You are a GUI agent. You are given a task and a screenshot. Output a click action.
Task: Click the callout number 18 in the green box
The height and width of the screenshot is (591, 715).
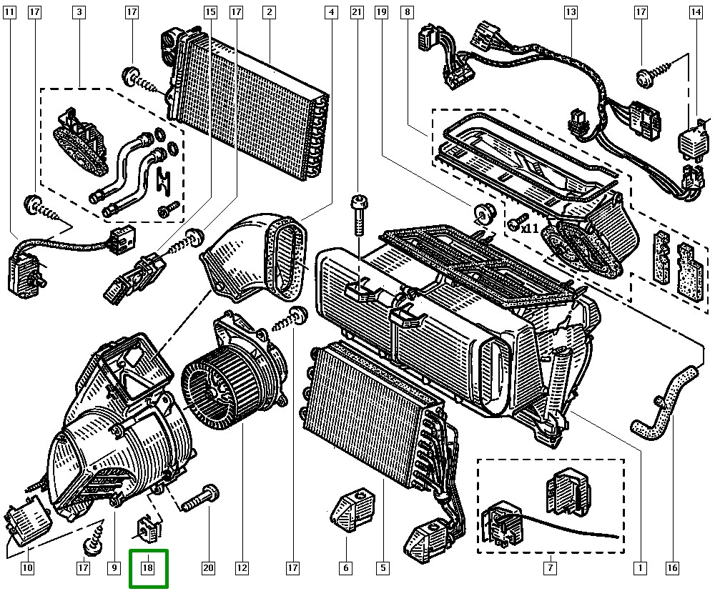pyautogui.click(x=148, y=568)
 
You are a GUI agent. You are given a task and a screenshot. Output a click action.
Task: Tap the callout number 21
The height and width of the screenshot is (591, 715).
pyautogui.click(x=357, y=12)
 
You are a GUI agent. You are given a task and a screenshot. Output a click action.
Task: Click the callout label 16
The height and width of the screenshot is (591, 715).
pyautogui.click(x=671, y=568)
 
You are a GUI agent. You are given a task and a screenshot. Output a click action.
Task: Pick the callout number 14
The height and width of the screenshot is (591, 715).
pyautogui.click(x=696, y=12)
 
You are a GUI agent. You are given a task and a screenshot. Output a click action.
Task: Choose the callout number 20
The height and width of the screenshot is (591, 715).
pyautogui.click(x=208, y=568)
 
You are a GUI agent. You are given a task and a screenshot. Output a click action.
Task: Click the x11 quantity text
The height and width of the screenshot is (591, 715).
pyautogui.click(x=530, y=229)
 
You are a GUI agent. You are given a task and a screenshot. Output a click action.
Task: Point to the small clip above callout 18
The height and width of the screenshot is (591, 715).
pyautogui.click(x=149, y=527)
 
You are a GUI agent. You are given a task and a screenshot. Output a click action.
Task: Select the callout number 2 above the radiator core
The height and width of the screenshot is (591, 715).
pyautogui.click(x=269, y=12)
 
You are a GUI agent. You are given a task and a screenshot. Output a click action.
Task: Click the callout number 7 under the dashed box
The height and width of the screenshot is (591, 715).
pyautogui.click(x=550, y=568)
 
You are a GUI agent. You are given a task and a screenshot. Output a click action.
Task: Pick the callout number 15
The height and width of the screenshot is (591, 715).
pyautogui.click(x=209, y=12)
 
